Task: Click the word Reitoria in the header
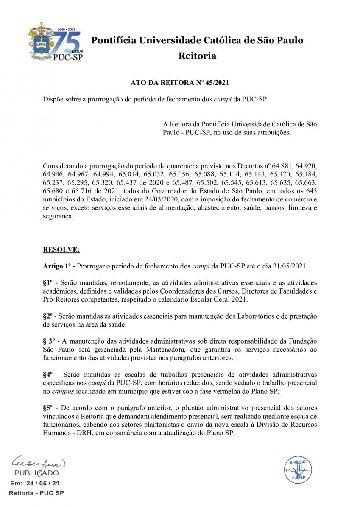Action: (x=197, y=56)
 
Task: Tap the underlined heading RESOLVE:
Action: (x=59, y=249)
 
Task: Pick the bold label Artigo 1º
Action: (x=58, y=266)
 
